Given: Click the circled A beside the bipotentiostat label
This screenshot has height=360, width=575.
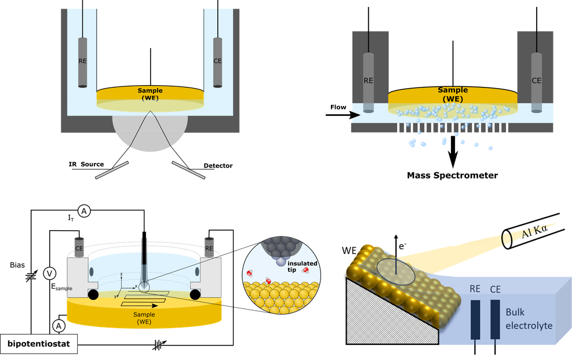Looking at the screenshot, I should [x=59, y=326].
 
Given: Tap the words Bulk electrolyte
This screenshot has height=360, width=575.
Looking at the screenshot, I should [x=529, y=319].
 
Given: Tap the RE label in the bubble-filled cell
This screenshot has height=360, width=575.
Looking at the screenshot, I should [x=368, y=81].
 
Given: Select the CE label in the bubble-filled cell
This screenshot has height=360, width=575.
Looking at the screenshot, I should [x=536, y=81].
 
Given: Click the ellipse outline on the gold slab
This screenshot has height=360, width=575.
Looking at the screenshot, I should [x=396, y=271].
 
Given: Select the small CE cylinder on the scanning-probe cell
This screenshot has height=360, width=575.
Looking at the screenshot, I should [x=79, y=247].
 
